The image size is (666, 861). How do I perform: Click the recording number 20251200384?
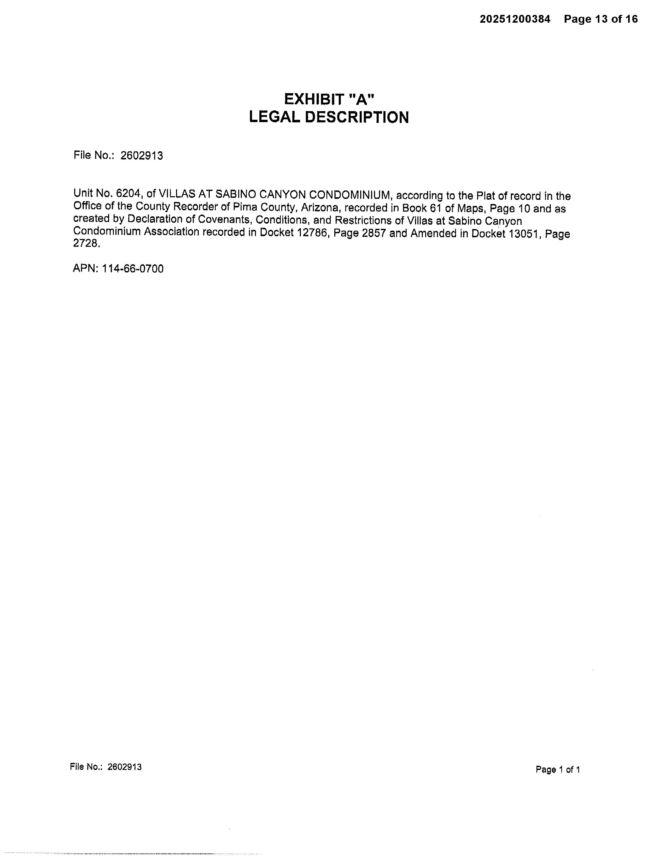[515, 19]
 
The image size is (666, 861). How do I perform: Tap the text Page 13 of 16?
[600, 19]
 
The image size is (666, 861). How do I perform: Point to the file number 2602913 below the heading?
[142, 156]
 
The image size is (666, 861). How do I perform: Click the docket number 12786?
[313, 233]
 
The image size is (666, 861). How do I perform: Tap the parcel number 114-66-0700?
[133, 269]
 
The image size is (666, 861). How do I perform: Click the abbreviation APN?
[85, 269]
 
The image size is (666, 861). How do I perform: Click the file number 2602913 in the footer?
[124, 767]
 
